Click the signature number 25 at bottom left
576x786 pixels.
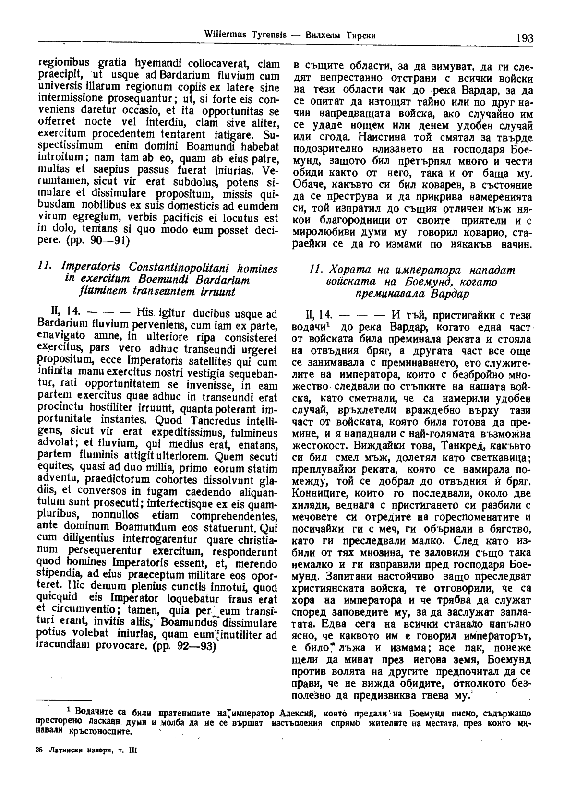pyautogui.click(x=39, y=751)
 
